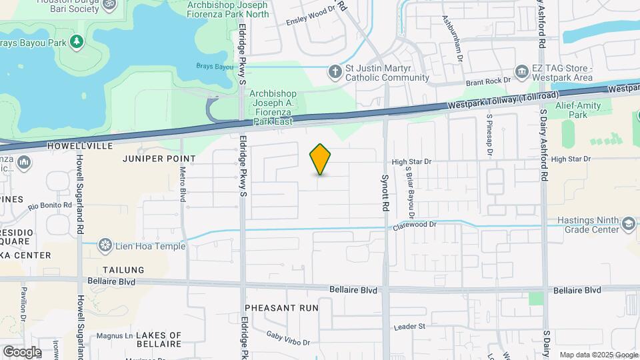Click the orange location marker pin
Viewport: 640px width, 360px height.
[x=321, y=159]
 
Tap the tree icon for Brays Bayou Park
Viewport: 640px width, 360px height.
[x=77, y=42]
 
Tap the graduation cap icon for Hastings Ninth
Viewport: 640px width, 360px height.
[x=628, y=224]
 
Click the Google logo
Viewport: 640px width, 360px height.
[x=21, y=351]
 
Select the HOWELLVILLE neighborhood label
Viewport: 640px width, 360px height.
[x=77, y=145]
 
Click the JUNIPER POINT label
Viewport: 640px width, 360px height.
[x=159, y=159]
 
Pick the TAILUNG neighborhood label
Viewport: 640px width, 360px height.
[x=123, y=270]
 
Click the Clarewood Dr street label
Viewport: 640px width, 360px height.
[x=413, y=225]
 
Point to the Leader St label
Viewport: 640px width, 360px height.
[x=409, y=326]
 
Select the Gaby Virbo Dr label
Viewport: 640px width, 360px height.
[x=288, y=338]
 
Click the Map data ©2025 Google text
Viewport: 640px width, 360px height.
[x=598, y=355]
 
